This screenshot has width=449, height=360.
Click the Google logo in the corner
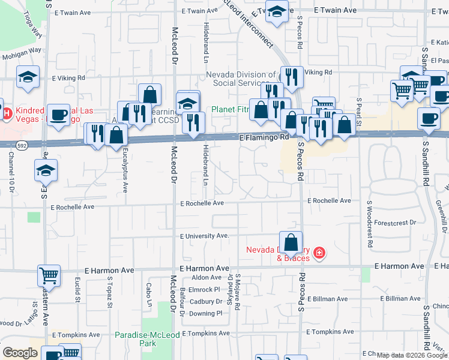coord(19,353)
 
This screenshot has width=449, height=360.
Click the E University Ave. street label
coord(205,236)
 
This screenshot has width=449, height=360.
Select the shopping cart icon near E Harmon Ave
coord(49,276)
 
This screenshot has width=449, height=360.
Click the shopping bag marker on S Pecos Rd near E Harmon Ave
coord(291,244)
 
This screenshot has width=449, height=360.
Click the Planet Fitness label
coord(228,110)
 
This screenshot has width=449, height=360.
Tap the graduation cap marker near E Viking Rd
coord(28,77)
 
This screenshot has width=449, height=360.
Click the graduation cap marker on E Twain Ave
coord(277,13)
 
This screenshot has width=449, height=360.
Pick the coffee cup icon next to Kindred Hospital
coord(59,115)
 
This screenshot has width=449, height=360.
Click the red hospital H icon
coord(6,113)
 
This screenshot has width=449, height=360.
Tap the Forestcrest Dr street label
coord(394,222)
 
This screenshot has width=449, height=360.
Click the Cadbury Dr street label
coord(205,302)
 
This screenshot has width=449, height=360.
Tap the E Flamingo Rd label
coord(264,137)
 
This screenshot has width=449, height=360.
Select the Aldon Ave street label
coord(206,277)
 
